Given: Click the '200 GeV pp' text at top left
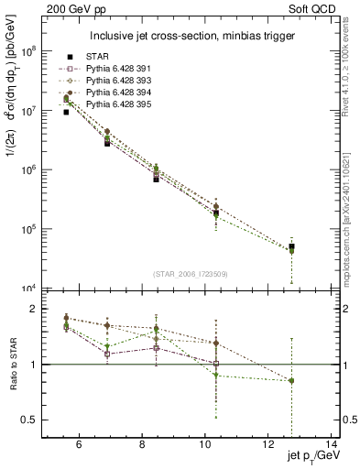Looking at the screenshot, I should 71,8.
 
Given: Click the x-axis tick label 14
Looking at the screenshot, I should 333,444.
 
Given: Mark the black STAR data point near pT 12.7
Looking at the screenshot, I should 291,247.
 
